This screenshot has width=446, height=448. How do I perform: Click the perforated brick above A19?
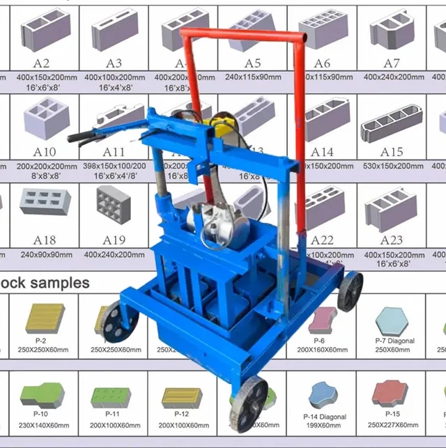tap(113, 205)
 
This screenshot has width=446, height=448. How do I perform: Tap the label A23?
tap(392, 240)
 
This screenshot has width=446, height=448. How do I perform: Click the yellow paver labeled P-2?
tap(45, 318)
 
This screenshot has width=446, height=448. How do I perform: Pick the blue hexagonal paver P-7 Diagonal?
tap(394, 320)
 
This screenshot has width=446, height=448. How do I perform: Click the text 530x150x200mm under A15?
tap(392, 166)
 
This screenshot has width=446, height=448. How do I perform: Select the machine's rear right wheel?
tap(350, 290)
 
